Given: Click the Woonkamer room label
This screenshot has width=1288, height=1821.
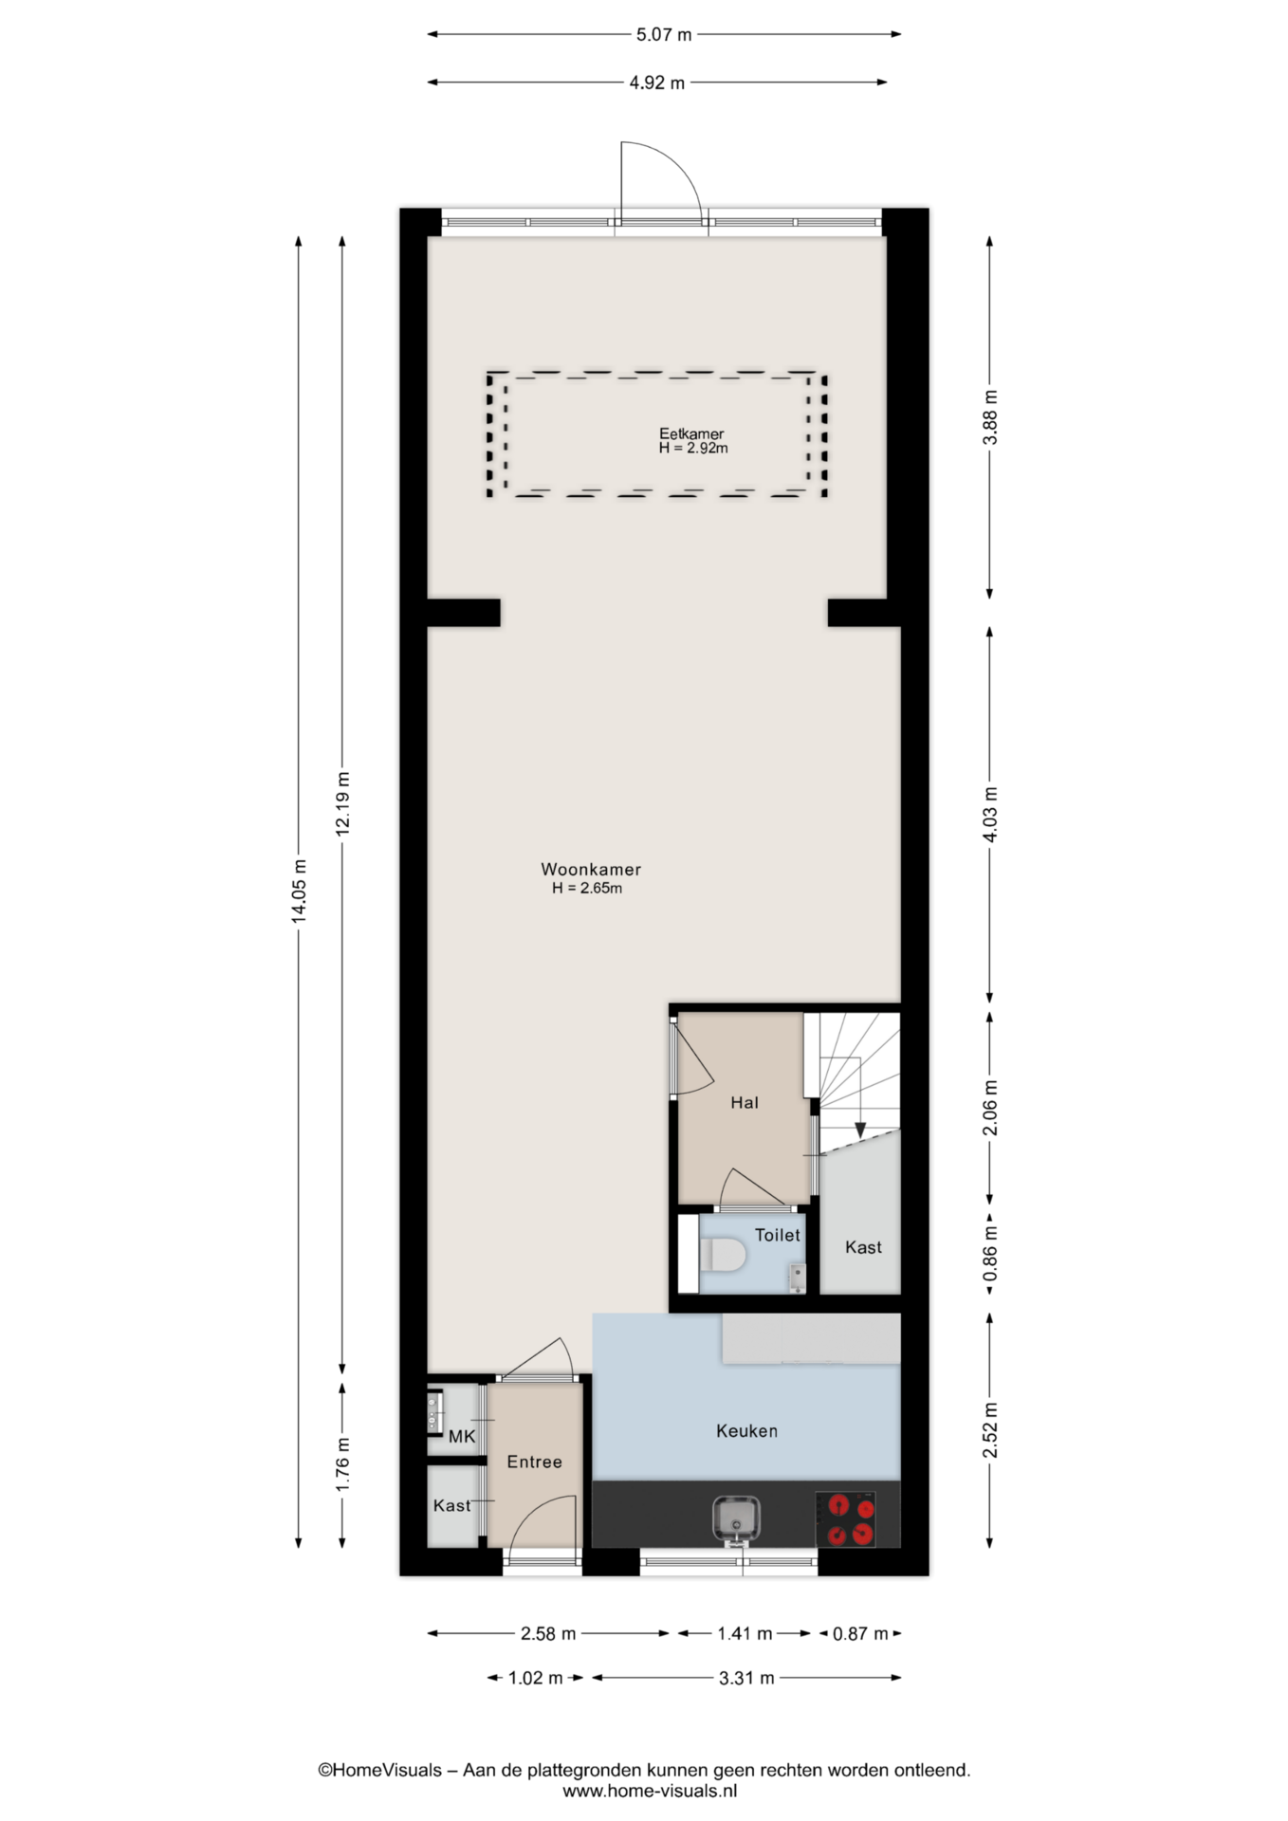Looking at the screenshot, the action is click(x=591, y=869).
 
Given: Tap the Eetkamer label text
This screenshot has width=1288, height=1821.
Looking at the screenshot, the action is click(x=691, y=433).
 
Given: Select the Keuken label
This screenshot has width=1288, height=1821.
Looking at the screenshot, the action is click(x=746, y=1431).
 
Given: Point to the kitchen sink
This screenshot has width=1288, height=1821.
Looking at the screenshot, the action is click(x=737, y=1517).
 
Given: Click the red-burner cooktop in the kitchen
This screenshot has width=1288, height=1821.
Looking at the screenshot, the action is click(x=845, y=1519).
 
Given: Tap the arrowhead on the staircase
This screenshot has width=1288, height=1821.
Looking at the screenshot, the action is click(x=860, y=1131).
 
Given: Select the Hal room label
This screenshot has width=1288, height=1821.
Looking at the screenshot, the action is click(x=745, y=1103).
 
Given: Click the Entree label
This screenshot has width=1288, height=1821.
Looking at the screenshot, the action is click(x=534, y=1462).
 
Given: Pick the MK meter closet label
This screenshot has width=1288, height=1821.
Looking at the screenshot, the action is click(x=462, y=1437).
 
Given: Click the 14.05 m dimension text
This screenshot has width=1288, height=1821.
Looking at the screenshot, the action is click(x=299, y=891).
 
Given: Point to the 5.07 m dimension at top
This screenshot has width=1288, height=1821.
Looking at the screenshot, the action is click(x=664, y=35).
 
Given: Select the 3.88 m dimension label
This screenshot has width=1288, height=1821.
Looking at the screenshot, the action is click(x=990, y=418).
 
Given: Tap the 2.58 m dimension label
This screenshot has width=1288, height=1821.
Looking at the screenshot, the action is click(x=548, y=1634).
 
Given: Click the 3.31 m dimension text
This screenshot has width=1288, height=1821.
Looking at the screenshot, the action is click(x=746, y=1678).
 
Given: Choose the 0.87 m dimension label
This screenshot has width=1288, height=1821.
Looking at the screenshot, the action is click(x=860, y=1634).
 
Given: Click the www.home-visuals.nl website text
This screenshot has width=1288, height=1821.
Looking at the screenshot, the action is click(x=650, y=1792).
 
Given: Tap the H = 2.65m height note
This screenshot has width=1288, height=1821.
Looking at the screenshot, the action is click(x=587, y=889).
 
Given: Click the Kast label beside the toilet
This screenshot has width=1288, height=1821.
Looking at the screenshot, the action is click(x=863, y=1248).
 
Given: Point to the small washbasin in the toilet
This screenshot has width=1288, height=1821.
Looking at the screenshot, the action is click(x=798, y=1278).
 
